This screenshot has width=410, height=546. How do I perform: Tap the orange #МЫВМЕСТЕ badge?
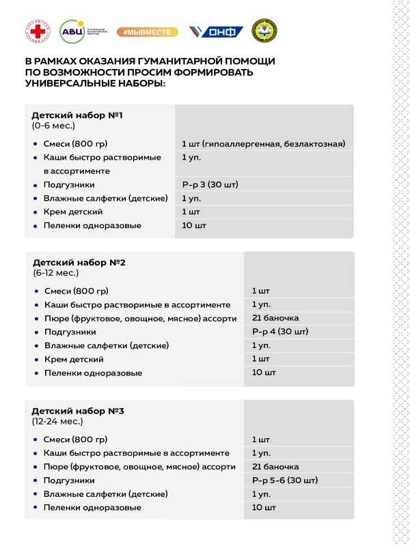[147, 31]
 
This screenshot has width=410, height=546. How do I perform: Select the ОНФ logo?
[217, 31]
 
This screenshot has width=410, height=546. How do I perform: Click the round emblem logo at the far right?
[264, 31]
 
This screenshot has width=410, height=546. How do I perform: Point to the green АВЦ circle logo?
[70, 31]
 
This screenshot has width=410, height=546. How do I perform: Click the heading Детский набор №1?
[77, 115]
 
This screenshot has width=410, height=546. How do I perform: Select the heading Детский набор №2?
[79, 262]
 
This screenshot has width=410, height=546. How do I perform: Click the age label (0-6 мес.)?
[53, 126]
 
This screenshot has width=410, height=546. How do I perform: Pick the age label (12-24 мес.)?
[57, 422]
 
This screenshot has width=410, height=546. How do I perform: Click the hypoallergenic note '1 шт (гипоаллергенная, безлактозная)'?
[263, 143]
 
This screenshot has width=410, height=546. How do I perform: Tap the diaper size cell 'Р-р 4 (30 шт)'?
[280, 332]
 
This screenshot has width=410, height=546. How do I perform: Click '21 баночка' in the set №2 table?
[275, 318]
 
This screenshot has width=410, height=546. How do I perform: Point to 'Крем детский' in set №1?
[73, 212]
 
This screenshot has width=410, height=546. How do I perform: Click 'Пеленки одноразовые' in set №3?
[92, 508]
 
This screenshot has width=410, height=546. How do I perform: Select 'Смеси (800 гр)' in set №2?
[76, 291]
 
